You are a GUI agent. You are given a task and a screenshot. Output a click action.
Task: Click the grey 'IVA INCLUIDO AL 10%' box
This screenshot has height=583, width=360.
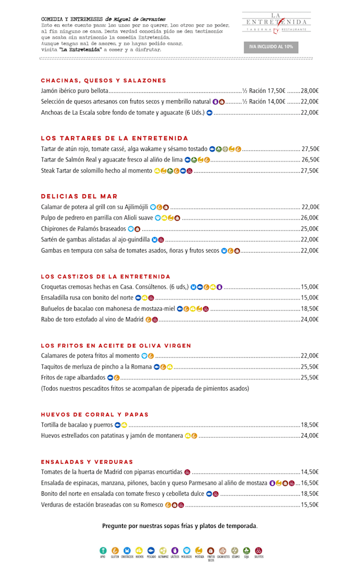click(271, 47)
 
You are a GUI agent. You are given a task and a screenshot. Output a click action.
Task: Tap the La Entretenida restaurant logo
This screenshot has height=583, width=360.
click(276, 23)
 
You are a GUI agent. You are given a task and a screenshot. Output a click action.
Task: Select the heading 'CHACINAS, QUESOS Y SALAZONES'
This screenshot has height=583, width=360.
click(103, 80)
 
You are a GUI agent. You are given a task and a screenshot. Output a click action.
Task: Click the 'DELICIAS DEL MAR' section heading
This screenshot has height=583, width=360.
click(79, 196)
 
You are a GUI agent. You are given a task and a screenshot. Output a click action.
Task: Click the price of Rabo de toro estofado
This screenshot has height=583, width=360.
click(310, 320)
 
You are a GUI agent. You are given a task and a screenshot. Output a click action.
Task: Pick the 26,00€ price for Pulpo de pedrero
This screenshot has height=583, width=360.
click(310, 218)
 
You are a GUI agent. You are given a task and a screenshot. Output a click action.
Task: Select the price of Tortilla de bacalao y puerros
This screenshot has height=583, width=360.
click(310, 425)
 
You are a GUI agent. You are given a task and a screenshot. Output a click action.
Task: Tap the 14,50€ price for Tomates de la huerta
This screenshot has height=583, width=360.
click(310, 472)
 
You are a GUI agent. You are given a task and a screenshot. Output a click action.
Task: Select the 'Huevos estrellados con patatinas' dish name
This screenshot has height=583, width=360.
click(112, 436)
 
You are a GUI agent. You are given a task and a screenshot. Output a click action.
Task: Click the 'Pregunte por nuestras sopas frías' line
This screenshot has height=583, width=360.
click(179, 526)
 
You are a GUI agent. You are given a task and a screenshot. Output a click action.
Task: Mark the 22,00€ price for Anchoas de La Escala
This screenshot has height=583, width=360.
click(310, 113)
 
